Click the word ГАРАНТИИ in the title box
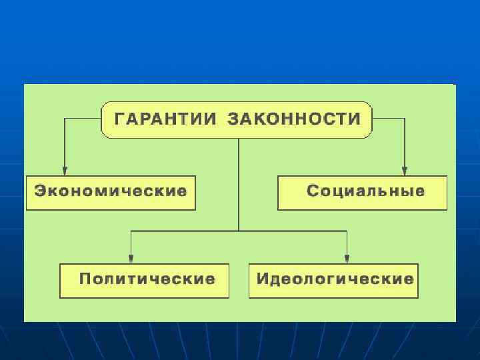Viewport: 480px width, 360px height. pos(166,119)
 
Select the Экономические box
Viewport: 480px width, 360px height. pos(111,192)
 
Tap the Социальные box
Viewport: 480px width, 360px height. pos(363,192)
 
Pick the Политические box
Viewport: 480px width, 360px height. pos(145,280)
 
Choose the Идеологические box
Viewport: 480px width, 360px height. pos(334,280)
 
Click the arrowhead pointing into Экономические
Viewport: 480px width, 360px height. pos(65,169)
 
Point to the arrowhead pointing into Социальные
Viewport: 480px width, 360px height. pos(405,169)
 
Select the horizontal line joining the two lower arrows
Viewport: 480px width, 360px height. pos(200,231)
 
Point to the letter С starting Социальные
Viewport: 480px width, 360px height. pos(312,191)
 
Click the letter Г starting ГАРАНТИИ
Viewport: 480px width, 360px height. pos(121,120)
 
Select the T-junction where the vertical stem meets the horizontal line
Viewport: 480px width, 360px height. pos(239,231)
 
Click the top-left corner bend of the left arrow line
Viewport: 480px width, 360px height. pos(65,119)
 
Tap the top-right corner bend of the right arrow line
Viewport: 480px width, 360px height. pos(405,119)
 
